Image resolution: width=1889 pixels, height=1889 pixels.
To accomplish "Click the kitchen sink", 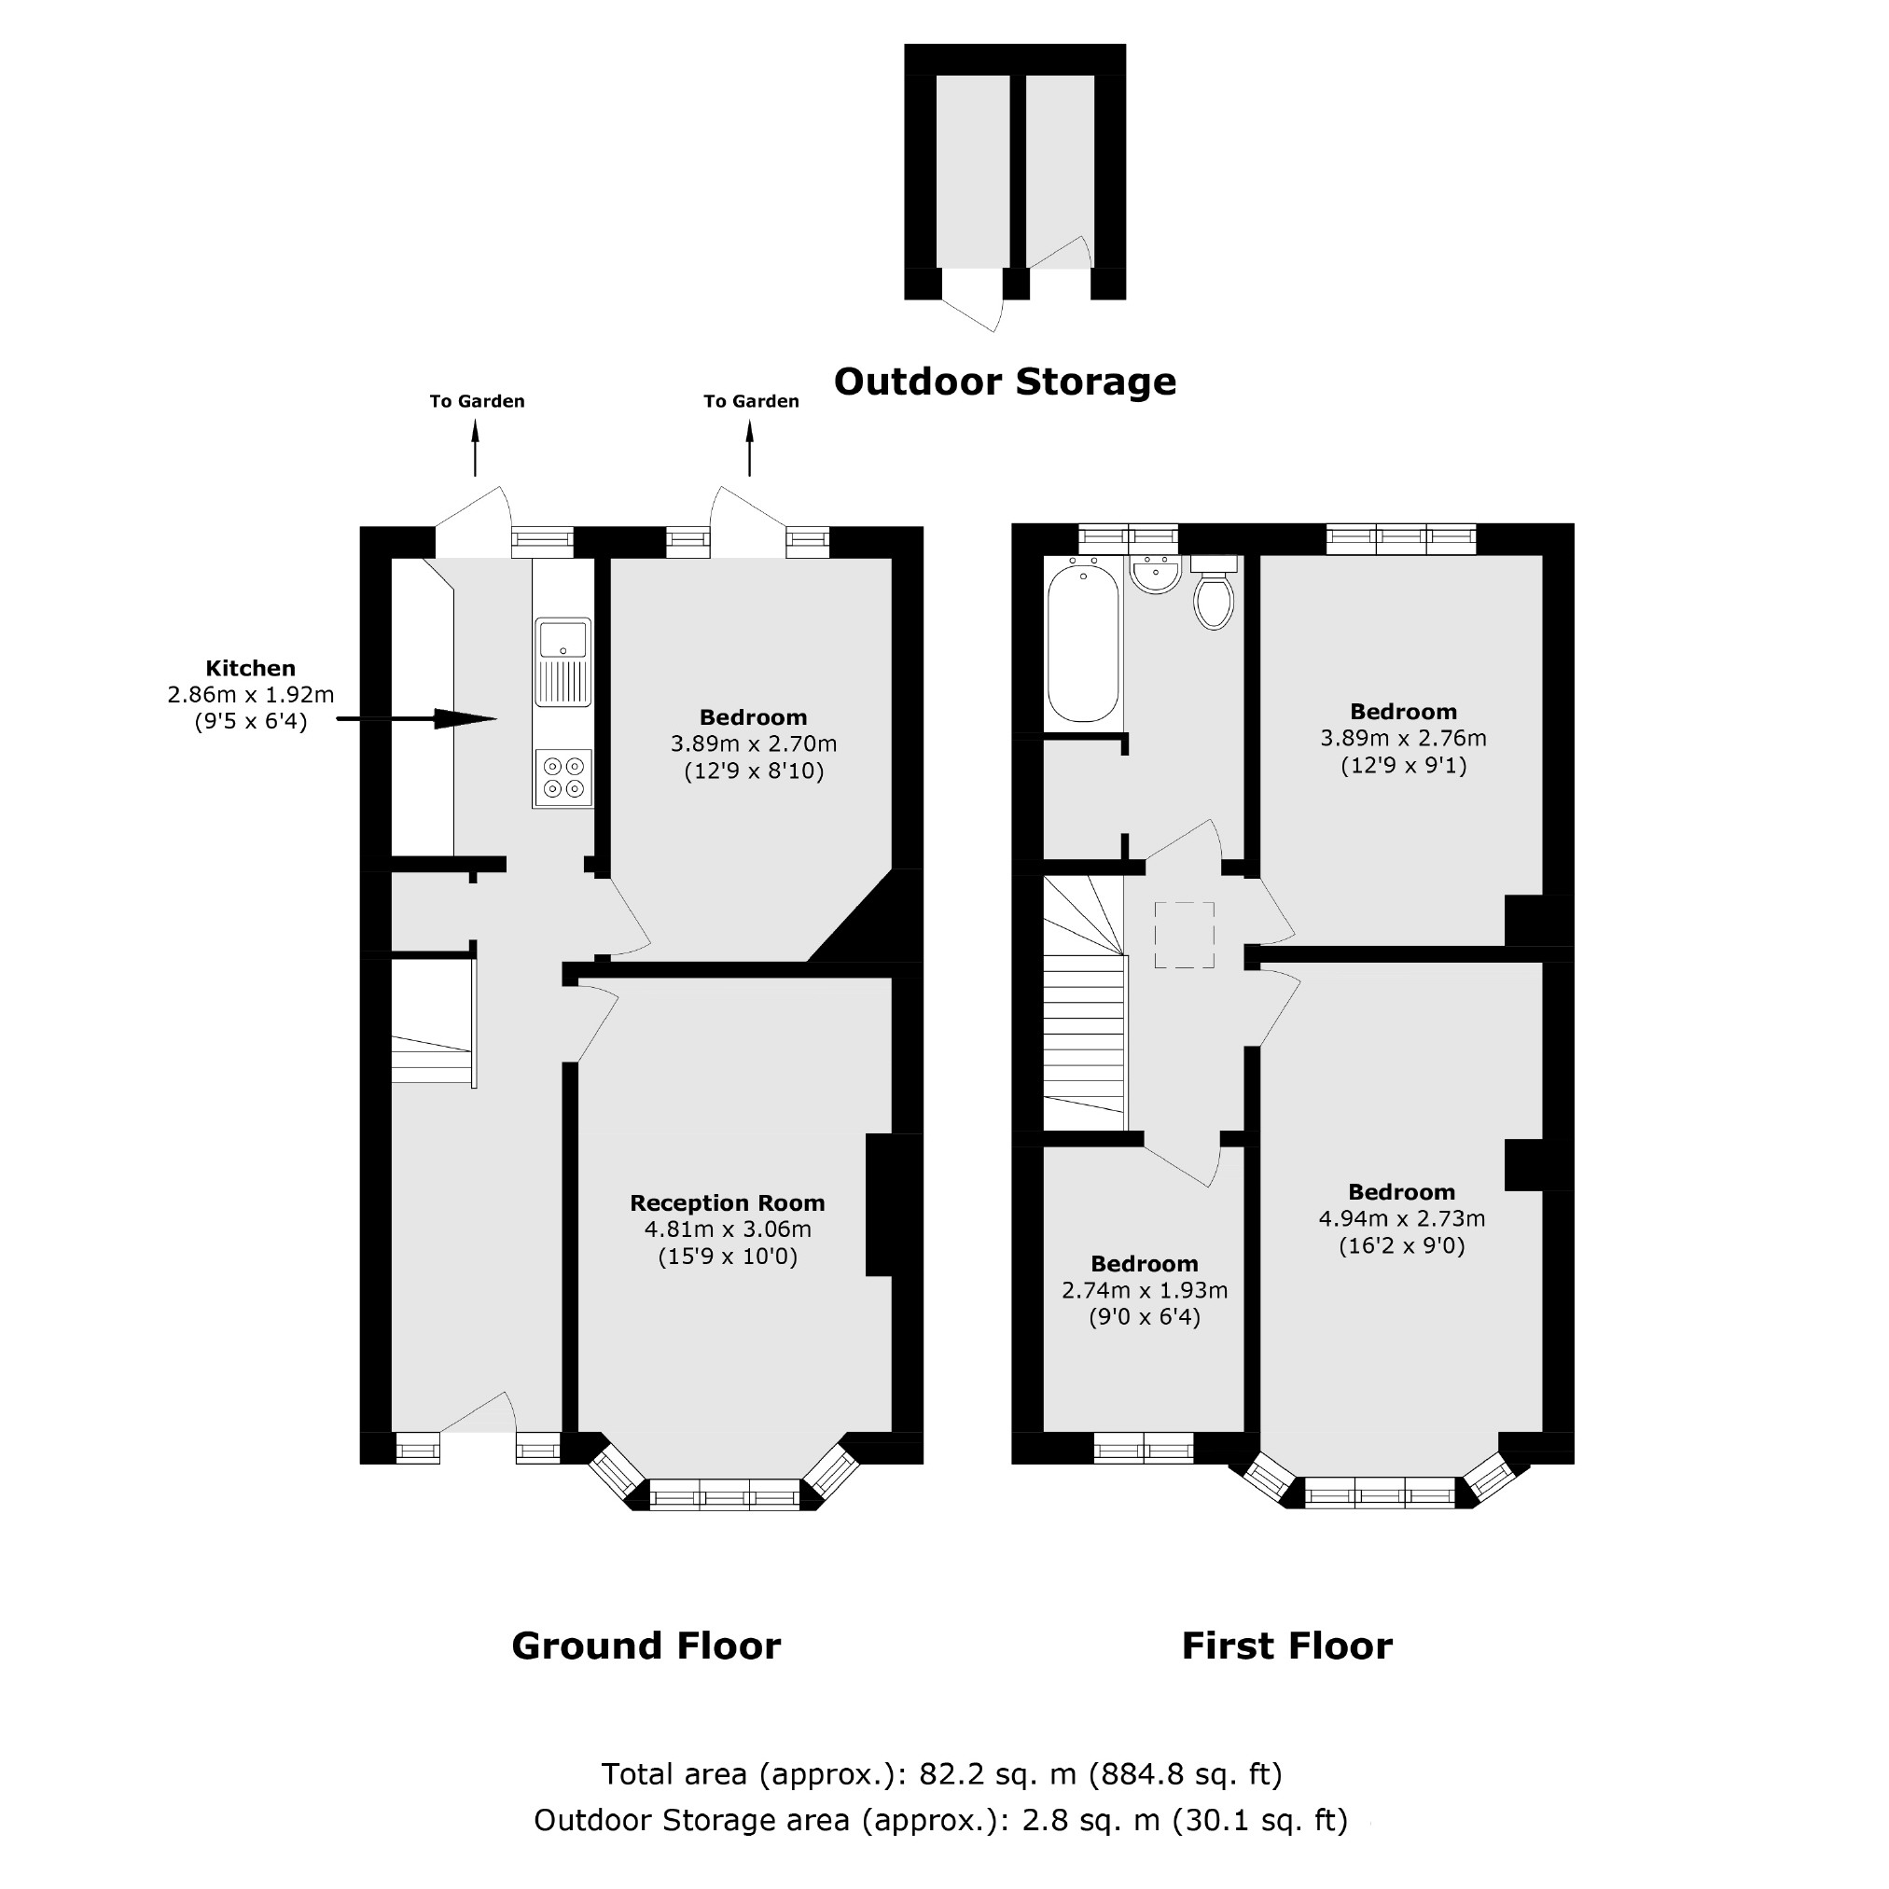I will [563, 661].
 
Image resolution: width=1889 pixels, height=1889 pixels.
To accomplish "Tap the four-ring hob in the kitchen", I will [563, 778].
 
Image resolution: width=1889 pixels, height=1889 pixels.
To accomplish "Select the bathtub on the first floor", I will [1082, 644].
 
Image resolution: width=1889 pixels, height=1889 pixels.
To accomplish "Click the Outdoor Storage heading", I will [1004, 382].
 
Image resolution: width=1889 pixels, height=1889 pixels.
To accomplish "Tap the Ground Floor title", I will [646, 1646].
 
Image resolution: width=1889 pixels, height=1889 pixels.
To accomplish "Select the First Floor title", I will [1285, 1646].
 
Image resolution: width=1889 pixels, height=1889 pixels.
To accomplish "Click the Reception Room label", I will [727, 1202].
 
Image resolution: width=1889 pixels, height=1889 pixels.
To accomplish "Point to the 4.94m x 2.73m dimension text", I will [1401, 1218].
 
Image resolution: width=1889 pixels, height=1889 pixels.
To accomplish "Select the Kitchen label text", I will [250, 669].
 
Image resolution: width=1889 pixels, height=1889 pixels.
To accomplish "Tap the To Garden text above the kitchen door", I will [477, 401].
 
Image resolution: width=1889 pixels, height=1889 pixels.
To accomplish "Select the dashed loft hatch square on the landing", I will [1184, 935].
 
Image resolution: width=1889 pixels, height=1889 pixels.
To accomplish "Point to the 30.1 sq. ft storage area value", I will [1259, 1820].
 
